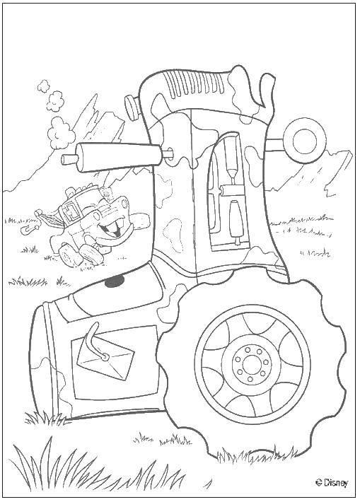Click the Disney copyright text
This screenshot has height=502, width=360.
click(332, 482)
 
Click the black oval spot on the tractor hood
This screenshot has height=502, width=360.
click(114, 282)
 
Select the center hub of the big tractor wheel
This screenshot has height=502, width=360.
click(251, 364)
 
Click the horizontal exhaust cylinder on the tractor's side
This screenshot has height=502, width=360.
click(112, 156)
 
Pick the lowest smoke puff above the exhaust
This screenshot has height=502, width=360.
click(59, 132)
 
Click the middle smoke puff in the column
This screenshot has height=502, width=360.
click(54, 101)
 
